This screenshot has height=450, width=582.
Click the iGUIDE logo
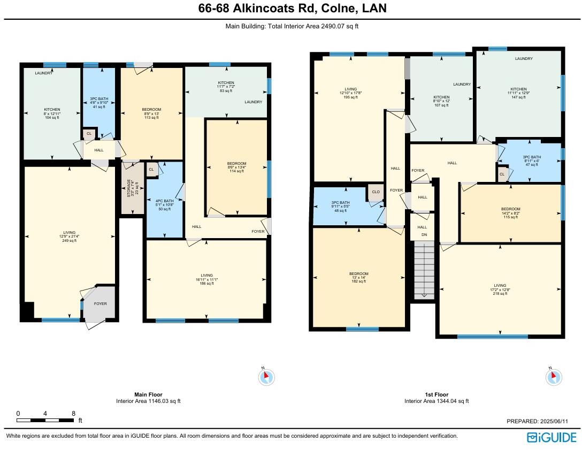tap(552, 437)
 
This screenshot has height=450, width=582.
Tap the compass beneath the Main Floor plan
tap(266, 377)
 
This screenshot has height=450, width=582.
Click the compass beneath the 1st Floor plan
tap(553, 377)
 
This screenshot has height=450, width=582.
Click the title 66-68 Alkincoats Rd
tap(290, 9)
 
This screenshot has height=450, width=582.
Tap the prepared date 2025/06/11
tap(541, 422)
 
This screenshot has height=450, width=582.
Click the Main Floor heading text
tap(148, 394)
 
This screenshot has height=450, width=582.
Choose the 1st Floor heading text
tap(436, 394)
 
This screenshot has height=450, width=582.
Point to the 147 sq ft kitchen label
tap(518, 94)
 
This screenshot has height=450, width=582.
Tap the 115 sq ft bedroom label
tap(510, 213)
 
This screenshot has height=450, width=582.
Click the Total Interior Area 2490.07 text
tap(290, 26)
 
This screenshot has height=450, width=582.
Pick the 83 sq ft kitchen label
tap(226, 87)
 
